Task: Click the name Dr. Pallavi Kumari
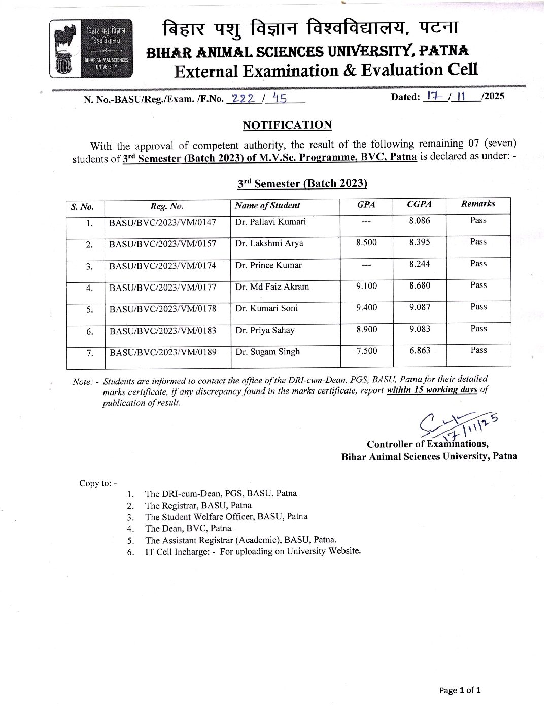pos(270,222)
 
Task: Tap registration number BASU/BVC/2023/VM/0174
pos(163,266)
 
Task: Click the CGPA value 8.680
pos(420,286)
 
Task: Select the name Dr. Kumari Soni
pos(266,308)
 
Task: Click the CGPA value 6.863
pos(420,351)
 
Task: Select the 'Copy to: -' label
pos(97,483)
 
